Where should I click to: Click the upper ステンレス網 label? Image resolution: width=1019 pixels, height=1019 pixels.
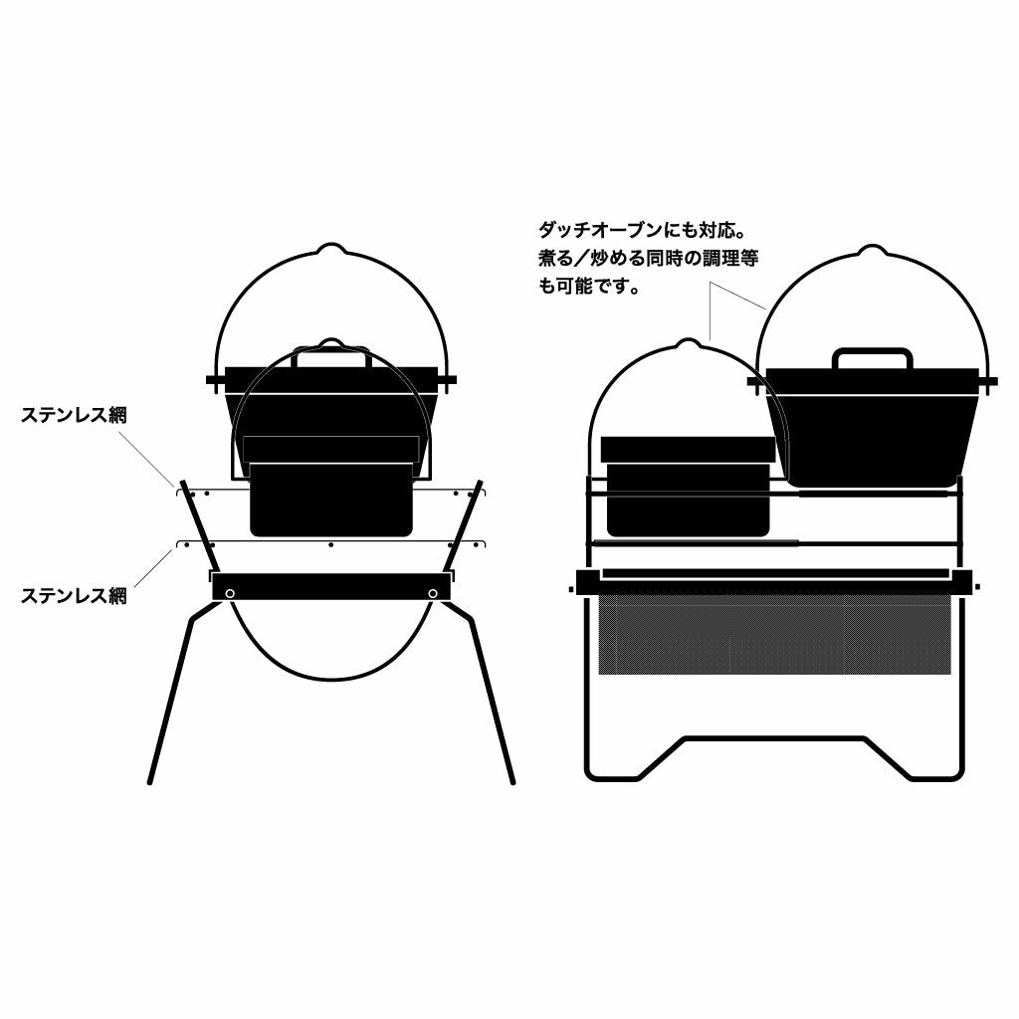74,415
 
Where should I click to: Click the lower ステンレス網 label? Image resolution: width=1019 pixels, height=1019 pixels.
74,595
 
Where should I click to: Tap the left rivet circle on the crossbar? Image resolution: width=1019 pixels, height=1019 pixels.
230,593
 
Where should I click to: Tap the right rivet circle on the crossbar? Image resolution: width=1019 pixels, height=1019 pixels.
433,593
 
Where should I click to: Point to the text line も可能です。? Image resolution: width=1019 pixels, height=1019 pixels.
589,286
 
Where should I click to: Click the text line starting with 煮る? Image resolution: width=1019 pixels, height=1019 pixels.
649,258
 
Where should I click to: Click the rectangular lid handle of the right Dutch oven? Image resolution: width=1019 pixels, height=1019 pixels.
873,358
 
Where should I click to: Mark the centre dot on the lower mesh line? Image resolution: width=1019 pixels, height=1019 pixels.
330,544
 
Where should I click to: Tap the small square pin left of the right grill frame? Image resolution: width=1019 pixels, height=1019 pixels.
570,589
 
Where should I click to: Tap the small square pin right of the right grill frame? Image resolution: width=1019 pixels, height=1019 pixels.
977,587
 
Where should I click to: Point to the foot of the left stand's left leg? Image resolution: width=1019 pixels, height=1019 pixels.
151,781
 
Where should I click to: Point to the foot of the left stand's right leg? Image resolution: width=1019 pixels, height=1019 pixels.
512,781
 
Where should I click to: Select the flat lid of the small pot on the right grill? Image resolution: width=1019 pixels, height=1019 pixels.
689,449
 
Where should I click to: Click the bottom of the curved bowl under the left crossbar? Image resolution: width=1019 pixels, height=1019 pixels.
330,679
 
